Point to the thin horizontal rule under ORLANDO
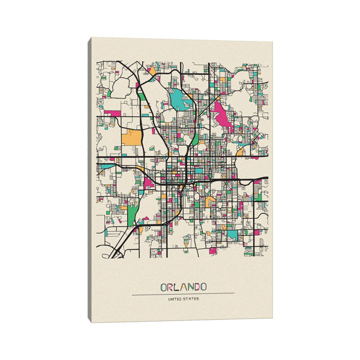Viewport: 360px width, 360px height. (x=183, y=293)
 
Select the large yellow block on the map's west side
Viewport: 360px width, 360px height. (x=131, y=137)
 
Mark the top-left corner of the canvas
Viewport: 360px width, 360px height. (x=92, y=38)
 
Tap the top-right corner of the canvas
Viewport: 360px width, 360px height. (x=272, y=43)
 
